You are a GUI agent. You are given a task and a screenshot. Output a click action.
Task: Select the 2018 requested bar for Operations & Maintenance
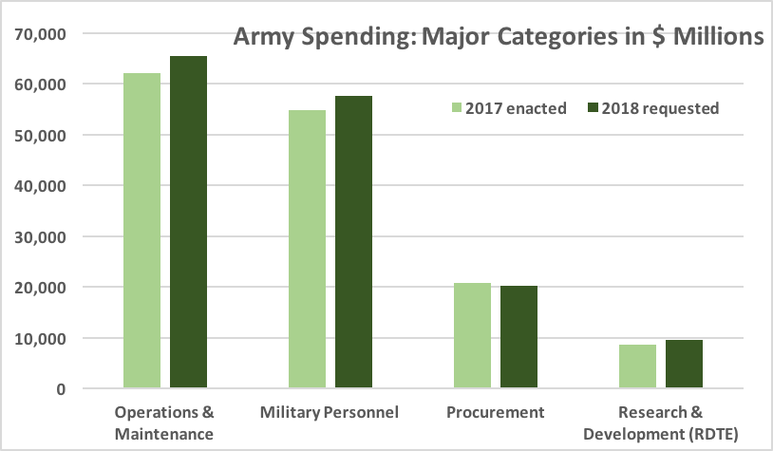click(x=188, y=222)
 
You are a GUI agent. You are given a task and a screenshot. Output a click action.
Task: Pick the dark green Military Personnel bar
click(x=353, y=242)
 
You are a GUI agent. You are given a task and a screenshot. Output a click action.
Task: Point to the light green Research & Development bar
click(x=637, y=366)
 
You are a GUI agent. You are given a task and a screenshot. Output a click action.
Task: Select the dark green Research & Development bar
click(x=684, y=364)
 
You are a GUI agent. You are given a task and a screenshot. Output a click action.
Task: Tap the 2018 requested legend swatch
click(x=596, y=108)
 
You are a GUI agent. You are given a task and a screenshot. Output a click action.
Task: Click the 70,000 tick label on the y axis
click(x=40, y=34)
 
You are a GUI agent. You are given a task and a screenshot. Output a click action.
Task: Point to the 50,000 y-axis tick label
click(x=40, y=136)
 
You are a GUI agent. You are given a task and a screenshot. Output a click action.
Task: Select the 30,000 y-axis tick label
click(x=40, y=237)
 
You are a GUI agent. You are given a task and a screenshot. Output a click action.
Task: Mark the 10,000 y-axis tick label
click(x=40, y=339)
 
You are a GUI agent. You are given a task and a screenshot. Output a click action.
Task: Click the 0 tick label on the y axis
click(x=59, y=389)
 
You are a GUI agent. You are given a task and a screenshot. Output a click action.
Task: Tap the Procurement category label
click(x=496, y=413)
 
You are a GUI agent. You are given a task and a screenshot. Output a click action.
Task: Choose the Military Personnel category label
click(x=330, y=413)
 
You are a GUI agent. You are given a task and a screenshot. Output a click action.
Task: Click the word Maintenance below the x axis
click(x=164, y=434)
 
